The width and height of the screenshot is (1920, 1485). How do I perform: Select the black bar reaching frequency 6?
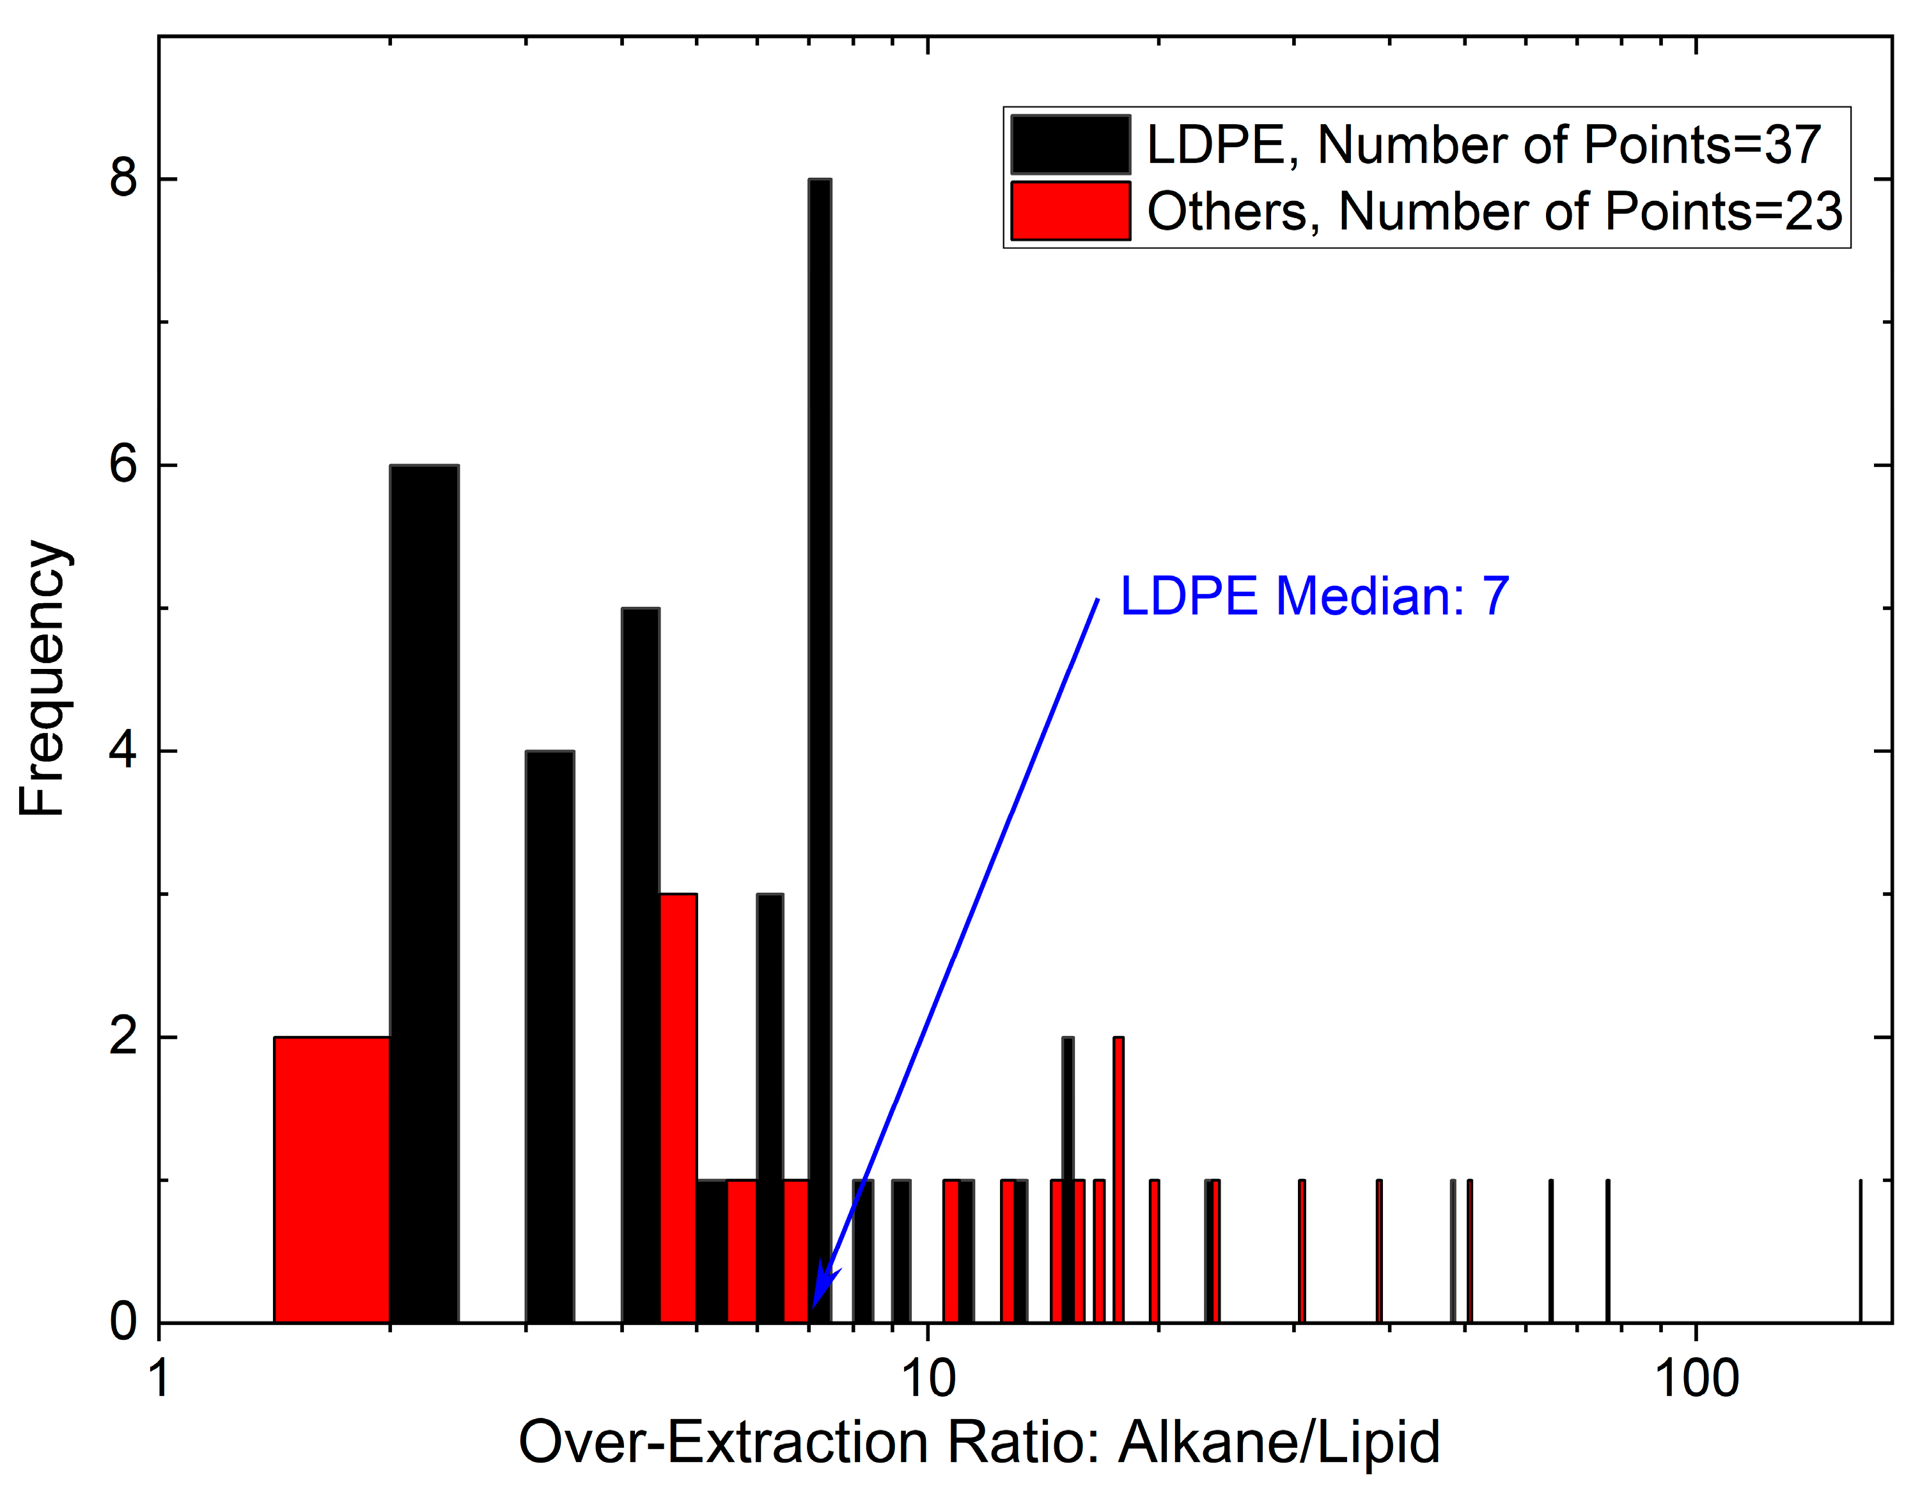(424, 879)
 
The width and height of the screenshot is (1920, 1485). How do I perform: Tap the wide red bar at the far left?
(331, 1178)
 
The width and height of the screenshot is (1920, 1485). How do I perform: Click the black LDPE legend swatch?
(1070, 144)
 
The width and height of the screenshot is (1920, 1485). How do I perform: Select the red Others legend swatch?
(1070, 211)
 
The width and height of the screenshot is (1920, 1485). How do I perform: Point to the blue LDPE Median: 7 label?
(1315, 596)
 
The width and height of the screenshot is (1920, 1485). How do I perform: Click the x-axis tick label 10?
(928, 1379)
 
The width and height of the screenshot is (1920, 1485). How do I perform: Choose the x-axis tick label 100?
(1696, 1379)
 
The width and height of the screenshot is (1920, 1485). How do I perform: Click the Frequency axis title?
(42, 678)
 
